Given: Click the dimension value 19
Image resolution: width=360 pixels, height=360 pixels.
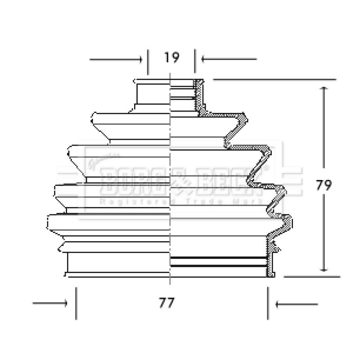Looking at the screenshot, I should pyautogui.click(x=171, y=58).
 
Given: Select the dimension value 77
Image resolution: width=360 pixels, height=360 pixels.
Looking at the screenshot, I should pyautogui.click(x=166, y=303).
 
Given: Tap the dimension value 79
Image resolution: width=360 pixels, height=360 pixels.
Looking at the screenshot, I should pyautogui.click(x=324, y=185).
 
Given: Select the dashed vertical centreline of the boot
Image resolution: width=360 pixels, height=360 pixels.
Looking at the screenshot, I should pyautogui.click(x=170, y=135).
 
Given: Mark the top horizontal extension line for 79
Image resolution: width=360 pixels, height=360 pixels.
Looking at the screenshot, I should pyautogui.click(x=274, y=79).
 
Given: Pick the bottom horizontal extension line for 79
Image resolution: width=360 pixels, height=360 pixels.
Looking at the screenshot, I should pyautogui.click(x=310, y=276).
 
